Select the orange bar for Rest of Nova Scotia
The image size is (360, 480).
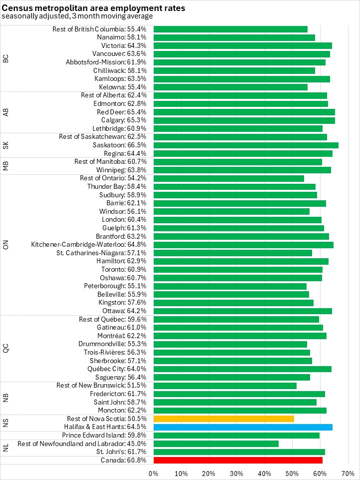[x=224, y=419]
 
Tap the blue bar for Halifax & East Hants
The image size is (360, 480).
[x=243, y=427]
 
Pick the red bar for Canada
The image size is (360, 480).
[x=238, y=460]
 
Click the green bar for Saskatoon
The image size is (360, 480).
[x=246, y=145]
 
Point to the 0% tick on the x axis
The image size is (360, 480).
[x=154, y=473]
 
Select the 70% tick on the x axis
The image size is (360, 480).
[x=348, y=473]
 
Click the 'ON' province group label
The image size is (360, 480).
[x=6, y=244]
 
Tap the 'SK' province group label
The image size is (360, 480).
[x=6, y=145]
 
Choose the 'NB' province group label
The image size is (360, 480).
[x=6, y=398]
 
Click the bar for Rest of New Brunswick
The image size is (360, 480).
[x=225, y=386]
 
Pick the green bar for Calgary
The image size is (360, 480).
[x=244, y=120]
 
